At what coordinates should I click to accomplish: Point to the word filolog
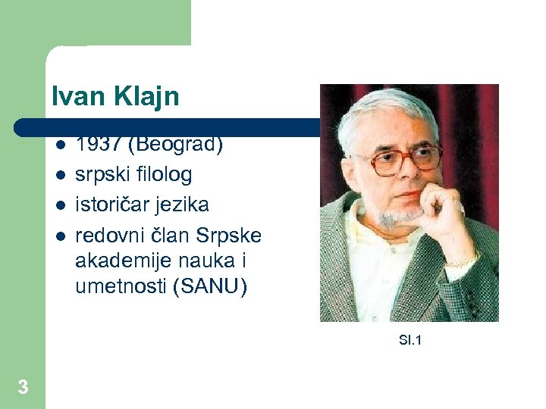[164, 174]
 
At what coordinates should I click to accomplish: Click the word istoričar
[111, 204]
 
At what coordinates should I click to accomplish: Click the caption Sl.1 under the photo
[410, 340]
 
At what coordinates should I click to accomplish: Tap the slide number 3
[23, 388]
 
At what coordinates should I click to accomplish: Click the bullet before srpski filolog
[61, 175]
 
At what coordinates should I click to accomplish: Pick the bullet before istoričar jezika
[61, 205]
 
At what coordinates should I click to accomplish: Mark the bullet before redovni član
[61, 236]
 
